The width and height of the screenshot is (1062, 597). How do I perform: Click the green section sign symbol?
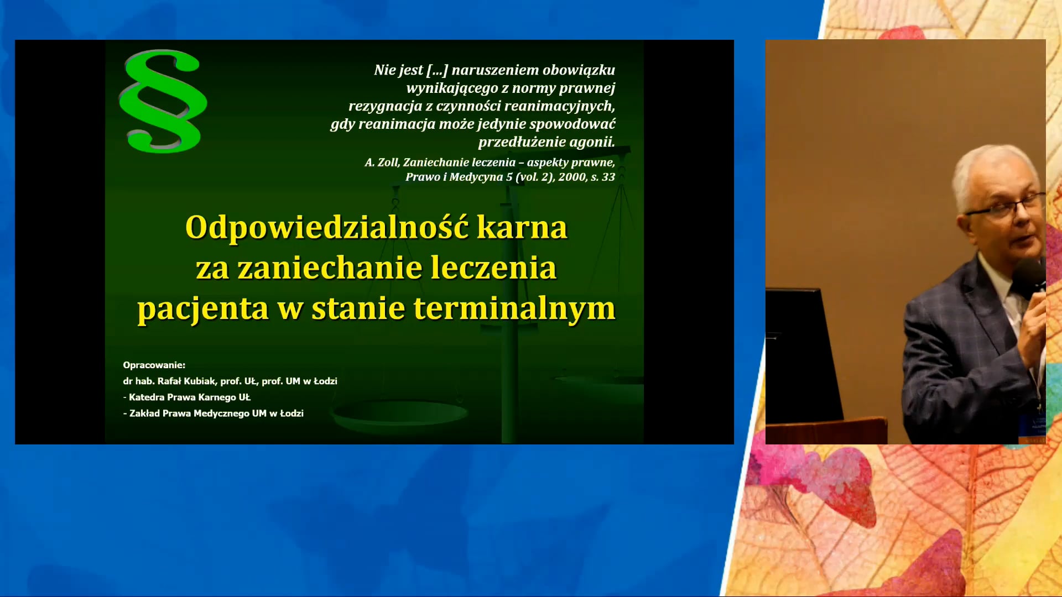pos(163,101)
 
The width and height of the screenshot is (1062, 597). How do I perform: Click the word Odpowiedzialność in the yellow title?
pos(327,227)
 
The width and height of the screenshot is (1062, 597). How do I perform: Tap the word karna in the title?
pos(522,227)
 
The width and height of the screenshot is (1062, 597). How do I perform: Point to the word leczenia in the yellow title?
pos(493,268)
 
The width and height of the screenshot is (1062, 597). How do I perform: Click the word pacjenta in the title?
pos(202,308)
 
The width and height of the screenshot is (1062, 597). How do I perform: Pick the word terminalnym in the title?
pos(514,308)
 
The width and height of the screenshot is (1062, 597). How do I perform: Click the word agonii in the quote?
pos(592,142)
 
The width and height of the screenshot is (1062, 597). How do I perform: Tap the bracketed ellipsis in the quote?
pos(437,70)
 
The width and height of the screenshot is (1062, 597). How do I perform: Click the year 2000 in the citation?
pos(572,177)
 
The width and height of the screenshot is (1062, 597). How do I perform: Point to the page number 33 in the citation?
pos(608,177)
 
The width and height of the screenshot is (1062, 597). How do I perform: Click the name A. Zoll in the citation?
pos(381,163)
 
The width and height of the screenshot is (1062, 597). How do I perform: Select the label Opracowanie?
pos(154,365)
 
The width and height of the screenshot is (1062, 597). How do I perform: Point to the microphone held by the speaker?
pos(1029,276)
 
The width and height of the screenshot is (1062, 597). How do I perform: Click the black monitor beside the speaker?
pos(799,354)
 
